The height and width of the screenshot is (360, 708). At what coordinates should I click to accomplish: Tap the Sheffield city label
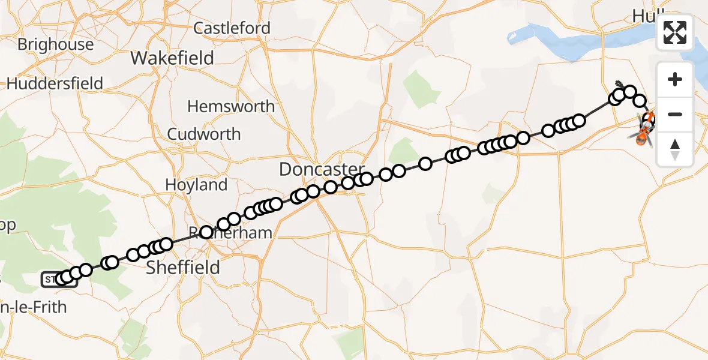tap(183, 267)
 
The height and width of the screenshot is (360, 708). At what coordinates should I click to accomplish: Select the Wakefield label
tap(172, 58)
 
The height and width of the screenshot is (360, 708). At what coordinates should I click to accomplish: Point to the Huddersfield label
tap(55, 83)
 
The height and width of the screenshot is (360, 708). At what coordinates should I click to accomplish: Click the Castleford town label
tap(232, 28)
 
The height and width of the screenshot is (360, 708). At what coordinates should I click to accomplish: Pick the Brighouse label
tap(55, 44)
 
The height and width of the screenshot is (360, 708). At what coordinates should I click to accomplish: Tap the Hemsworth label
tap(231, 107)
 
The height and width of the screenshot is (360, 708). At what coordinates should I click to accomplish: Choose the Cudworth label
tap(204, 134)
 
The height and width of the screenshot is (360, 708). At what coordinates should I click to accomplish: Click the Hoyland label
tap(196, 185)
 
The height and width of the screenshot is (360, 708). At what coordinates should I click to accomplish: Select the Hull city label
tap(646, 17)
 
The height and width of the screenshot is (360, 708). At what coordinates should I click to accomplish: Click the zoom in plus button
tap(675, 79)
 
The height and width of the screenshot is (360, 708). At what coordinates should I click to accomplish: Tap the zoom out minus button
tap(675, 114)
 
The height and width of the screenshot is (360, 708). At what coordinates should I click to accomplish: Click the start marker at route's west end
tap(59, 279)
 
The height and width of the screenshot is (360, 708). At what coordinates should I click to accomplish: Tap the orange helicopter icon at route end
tap(641, 137)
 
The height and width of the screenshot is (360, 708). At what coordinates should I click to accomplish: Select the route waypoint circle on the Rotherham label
tap(206, 232)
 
